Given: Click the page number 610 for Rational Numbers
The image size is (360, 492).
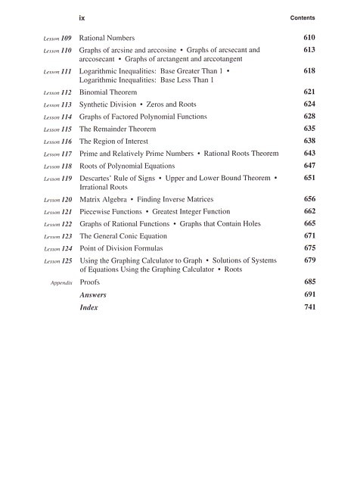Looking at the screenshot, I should pos(309,37).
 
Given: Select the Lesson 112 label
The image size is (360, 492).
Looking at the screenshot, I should pos(57,92).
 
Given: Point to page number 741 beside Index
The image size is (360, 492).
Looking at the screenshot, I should pos(309,308).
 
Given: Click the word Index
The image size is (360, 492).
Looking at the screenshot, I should pos(88,308).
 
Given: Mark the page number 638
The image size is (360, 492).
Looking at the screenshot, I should pos(309,141).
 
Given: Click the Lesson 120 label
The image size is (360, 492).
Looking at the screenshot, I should pos(57,199).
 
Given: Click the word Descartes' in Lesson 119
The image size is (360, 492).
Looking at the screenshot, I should pos(96,178).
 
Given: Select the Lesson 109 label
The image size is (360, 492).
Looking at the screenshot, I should pos(57,37).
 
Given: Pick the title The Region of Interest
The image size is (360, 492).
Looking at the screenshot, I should pos(113,141).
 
